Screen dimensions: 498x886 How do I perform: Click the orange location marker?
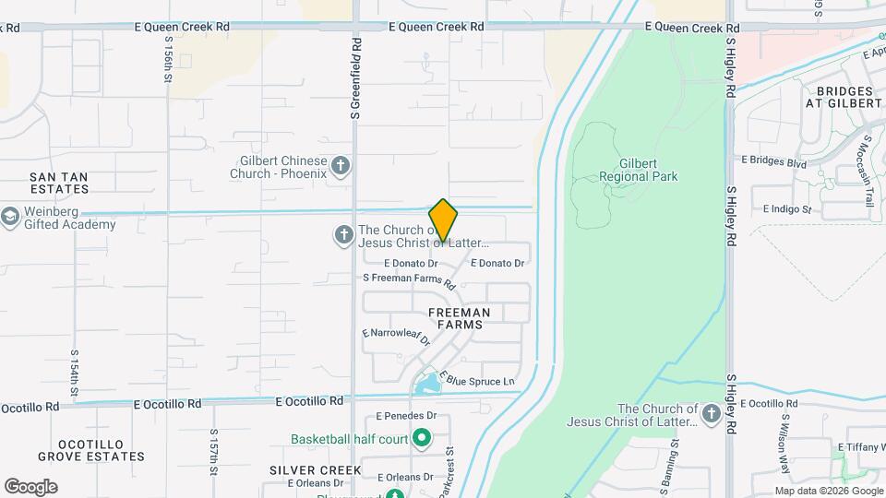pyautogui.click(x=443, y=219)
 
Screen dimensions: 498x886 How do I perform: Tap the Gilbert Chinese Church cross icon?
pyautogui.click(x=341, y=166)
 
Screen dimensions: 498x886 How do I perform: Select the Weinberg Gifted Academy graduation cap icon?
pyautogui.click(x=10, y=217)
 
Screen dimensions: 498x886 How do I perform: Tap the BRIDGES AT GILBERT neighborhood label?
pyautogui.click(x=844, y=97)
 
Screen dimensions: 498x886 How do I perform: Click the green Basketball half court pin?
pyautogui.click(x=423, y=438)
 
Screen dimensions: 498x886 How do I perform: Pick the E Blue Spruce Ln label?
pyautogui.click(x=476, y=380)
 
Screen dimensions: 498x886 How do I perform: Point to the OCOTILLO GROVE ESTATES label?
pyautogui.click(x=91, y=449)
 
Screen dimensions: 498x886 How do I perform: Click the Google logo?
pyautogui.click(x=30, y=487)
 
